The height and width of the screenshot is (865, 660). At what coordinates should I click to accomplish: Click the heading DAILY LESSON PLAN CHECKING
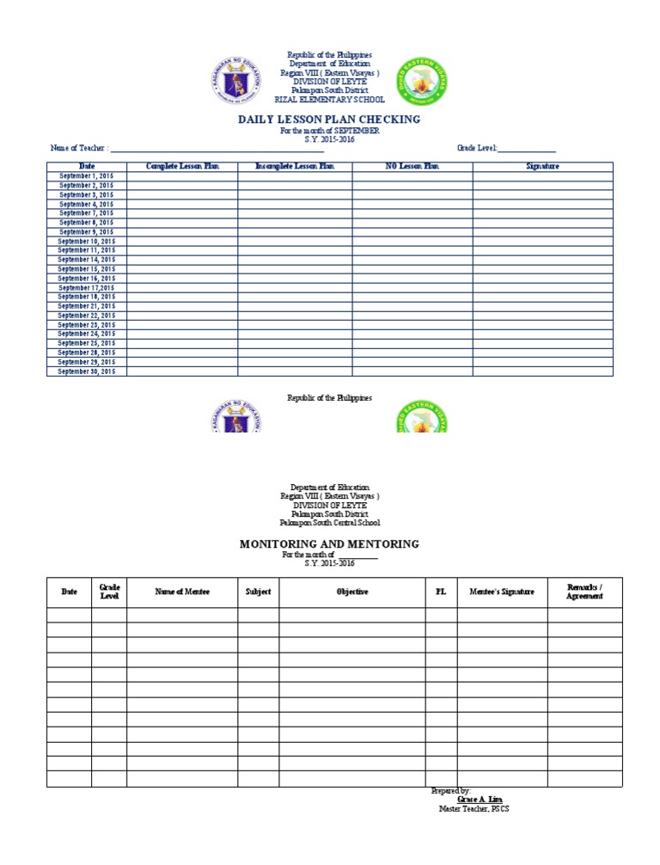(329, 120)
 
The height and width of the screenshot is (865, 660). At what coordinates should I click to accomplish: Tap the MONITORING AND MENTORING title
(329, 544)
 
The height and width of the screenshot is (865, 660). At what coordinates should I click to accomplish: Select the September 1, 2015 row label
(86, 176)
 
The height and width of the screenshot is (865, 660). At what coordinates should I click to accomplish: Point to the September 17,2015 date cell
(86, 288)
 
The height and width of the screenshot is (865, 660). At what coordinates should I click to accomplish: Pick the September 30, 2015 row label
(86, 371)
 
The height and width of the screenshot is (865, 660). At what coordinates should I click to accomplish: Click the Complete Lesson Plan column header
(182, 166)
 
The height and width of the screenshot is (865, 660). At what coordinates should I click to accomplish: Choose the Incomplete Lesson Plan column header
(295, 166)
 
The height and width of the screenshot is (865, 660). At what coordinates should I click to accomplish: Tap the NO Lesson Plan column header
(412, 166)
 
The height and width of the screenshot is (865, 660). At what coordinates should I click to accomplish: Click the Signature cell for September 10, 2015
(542, 242)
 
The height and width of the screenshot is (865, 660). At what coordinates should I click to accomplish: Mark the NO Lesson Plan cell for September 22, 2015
(412, 316)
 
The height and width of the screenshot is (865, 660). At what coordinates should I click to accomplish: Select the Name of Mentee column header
(182, 592)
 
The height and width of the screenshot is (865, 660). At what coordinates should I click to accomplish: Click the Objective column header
(352, 592)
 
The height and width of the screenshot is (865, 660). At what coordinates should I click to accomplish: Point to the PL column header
(441, 592)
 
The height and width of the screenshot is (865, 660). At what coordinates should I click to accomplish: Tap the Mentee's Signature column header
(502, 592)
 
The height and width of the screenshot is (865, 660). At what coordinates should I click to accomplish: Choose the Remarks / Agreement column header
(584, 592)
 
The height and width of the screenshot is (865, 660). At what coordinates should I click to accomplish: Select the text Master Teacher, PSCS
(474, 809)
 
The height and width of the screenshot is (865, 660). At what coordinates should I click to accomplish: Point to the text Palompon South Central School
(329, 523)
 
